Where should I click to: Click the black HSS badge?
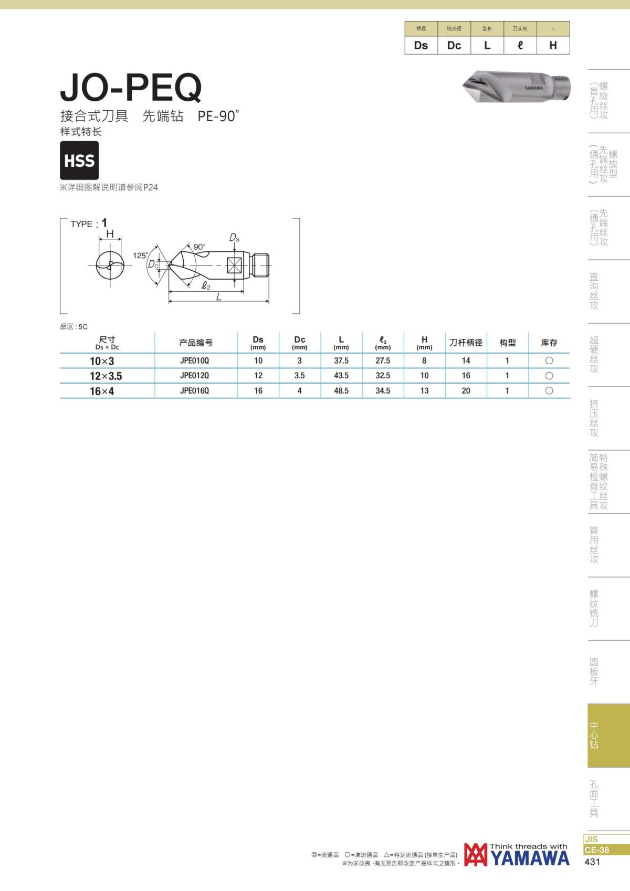click(79, 160)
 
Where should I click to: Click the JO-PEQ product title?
click(131, 88)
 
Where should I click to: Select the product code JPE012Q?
click(194, 376)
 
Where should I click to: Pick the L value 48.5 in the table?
click(341, 390)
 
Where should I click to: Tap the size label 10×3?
click(102, 361)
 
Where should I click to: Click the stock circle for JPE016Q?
click(549, 390)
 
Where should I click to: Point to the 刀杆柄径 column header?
click(466, 343)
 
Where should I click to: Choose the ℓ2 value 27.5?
click(382, 360)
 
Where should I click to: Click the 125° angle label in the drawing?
click(140, 256)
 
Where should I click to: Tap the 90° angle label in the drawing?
click(199, 247)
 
